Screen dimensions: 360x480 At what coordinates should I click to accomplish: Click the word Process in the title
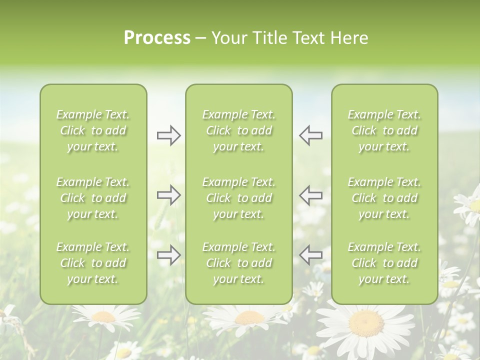point(157,38)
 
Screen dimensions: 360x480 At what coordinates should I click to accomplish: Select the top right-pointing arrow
point(168,135)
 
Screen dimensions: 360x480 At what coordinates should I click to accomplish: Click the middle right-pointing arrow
point(168,195)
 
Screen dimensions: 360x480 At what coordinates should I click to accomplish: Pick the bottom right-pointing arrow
point(168,255)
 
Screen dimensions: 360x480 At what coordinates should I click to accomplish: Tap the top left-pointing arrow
point(311,135)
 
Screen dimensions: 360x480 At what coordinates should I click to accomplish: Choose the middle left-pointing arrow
point(311,195)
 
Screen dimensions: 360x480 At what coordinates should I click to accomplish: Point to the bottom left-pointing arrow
point(311,255)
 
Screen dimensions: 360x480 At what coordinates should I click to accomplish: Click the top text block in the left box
point(93,130)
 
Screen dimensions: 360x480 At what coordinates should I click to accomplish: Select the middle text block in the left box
point(93,198)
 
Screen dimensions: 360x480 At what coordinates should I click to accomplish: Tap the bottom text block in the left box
point(93,263)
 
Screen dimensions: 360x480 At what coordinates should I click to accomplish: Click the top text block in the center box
point(238,130)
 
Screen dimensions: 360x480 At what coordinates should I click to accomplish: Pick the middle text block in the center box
point(238,198)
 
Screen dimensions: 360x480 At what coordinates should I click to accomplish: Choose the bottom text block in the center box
point(238,263)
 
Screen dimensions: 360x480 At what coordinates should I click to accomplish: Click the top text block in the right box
point(384,130)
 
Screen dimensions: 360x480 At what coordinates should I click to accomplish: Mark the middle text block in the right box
point(384,198)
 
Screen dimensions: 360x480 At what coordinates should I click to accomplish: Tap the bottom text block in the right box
point(384,263)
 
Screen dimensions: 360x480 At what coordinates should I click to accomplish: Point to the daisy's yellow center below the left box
point(103,316)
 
